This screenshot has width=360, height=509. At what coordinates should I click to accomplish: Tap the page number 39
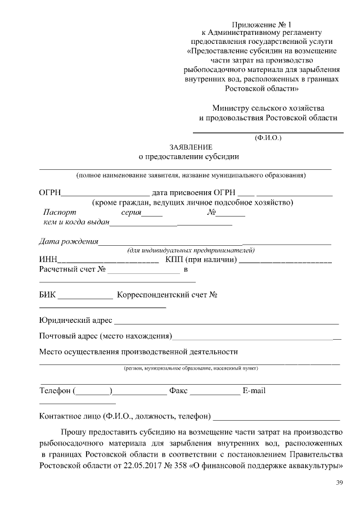tap(339, 483)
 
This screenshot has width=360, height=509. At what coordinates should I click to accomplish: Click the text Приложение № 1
tap(263, 25)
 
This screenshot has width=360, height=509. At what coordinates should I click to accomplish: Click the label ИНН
tap(48, 260)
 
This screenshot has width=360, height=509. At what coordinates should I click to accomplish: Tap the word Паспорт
tap(59, 213)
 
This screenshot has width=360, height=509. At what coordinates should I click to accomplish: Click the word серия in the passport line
tap(130, 213)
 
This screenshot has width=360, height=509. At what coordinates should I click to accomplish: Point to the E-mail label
tap(254, 390)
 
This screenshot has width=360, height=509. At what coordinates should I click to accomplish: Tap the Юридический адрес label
tap(75, 320)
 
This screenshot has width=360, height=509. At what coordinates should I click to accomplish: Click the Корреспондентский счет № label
tap(166, 295)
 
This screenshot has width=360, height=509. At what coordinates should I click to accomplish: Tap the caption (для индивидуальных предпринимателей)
tap(191, 250)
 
